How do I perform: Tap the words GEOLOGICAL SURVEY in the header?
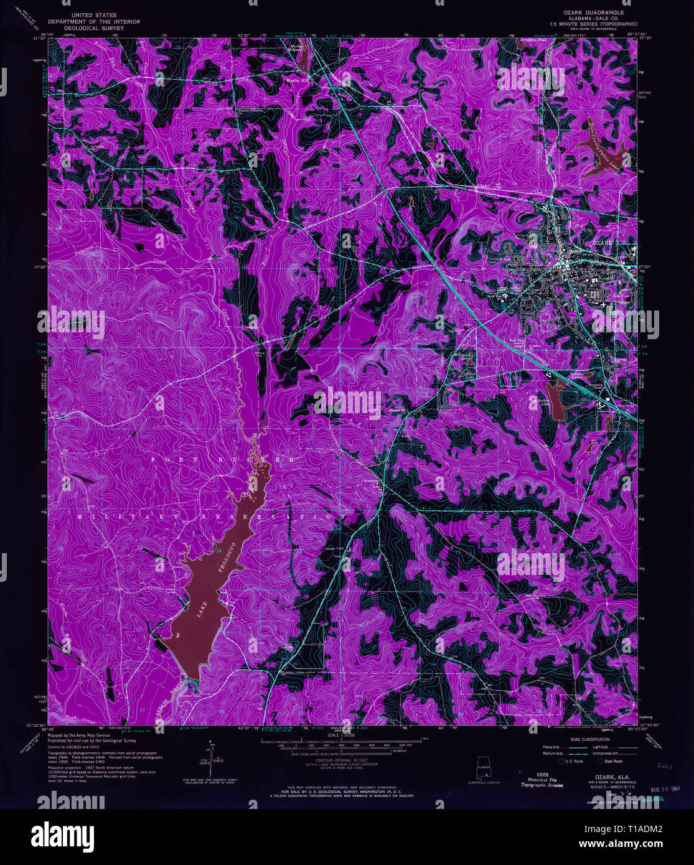pyautogui.click(x=98, y=28)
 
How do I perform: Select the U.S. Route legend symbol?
pyautogui.click(x=562, y=760)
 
